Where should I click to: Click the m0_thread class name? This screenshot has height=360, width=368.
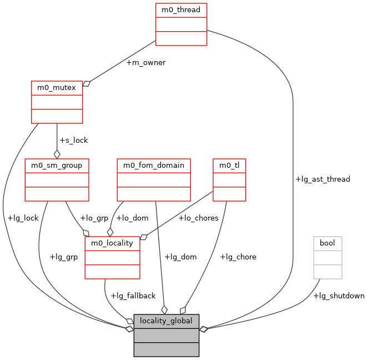[181, 10]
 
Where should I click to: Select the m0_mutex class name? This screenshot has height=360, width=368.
[57, 88]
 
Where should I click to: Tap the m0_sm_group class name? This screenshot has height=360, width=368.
[57, 166]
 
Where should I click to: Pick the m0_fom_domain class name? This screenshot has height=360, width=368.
[154, 166]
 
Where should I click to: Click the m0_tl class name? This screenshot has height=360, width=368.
[229, 166]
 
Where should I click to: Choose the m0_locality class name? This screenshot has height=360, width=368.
[112, 243]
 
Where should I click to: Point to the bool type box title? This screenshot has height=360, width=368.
[327, 243]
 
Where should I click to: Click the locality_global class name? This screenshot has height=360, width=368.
[166, 321]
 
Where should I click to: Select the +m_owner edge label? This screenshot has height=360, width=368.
[145, 63]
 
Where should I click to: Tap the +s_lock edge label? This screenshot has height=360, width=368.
[73, 141]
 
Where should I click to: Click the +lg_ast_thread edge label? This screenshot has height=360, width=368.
[322, 179]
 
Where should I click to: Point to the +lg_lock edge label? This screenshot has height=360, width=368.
[23, 218]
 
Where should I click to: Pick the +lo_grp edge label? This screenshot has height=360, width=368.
[94, 218]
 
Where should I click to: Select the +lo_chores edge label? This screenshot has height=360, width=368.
[198, 218]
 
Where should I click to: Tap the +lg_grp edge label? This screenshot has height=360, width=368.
[63, 257]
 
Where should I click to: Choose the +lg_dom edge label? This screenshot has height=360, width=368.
[180, 257]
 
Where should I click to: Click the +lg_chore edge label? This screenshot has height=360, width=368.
[238, 257]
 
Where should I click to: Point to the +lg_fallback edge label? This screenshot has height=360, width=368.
[133, 296]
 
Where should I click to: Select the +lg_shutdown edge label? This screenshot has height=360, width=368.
[339, 296]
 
